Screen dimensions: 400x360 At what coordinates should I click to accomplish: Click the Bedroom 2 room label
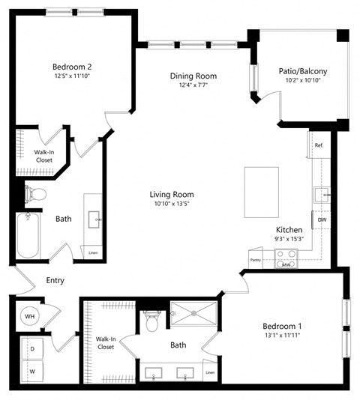point(72,65)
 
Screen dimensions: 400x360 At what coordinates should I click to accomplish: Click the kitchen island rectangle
point(261,192)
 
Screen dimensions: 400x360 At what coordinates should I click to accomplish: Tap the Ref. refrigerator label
point(319,145)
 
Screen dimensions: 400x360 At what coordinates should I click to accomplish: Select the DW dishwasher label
point(321,219)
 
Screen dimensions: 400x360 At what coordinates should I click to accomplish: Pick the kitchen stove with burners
point(286,259)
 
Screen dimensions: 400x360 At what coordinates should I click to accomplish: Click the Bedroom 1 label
point(282,326)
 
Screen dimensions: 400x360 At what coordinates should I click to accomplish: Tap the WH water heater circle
point(30,316)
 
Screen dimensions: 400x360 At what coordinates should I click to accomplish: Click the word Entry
point(55,281)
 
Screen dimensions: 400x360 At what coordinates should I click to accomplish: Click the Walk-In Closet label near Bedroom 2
point(43,156)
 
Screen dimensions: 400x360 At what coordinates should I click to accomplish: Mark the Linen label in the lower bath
point(209,372)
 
